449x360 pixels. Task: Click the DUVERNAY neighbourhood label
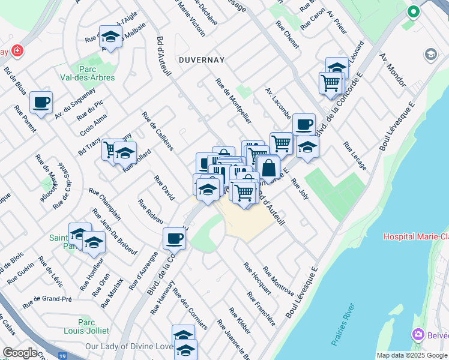(200, 60)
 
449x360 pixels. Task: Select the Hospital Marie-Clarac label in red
(416, 236)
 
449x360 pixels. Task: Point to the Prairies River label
(343, 324)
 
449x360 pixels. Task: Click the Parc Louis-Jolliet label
(89, 325)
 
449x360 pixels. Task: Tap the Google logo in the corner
(20, 353)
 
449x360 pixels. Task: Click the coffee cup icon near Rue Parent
(41, 103)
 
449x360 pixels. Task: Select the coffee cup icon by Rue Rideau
(174, 239)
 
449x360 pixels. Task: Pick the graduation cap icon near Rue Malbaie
(110, 37)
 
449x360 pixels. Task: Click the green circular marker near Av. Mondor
(413, 11)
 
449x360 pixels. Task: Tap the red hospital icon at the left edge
(17, 50)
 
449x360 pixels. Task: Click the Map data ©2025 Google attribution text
(412, 355)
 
